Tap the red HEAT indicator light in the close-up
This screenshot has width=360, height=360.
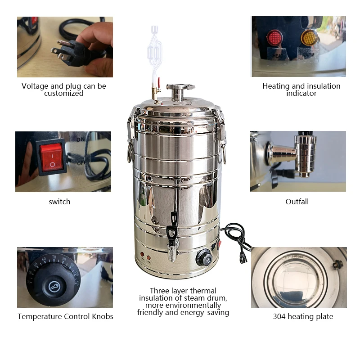pos(274,36)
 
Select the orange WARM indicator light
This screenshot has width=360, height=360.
pos(309,36)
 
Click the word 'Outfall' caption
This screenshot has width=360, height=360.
pos(297,202)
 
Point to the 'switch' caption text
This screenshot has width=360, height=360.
pos(59,202)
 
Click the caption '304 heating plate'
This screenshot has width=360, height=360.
pos(303,316)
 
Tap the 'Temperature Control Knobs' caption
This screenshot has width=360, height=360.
pos(65,316)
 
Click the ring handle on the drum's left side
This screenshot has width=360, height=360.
pos(130,152)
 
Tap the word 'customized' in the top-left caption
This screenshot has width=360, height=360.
pos(64,94)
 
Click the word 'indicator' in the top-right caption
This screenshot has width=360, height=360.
pos(301,94)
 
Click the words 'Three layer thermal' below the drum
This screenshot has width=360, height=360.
pos(183,291)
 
